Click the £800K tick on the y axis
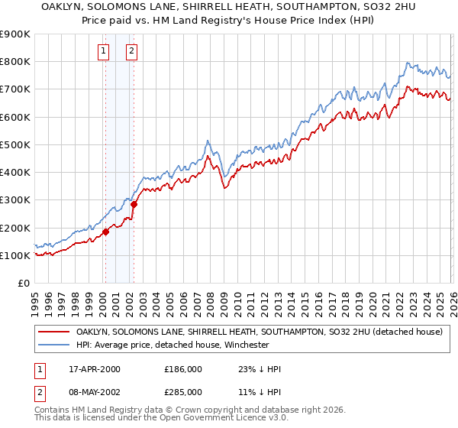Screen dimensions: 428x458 tap(15, 62)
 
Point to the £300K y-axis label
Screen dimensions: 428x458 tap(15, 200)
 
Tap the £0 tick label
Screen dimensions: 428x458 tap(23, 284)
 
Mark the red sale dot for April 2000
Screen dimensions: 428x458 tap(105, 232)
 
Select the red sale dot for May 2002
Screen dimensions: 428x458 tap(134, 204)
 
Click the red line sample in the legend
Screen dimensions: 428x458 tap(54, 332)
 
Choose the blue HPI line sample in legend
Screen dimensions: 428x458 tap(54, 345)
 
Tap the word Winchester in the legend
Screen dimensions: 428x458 tap(244, 345)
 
